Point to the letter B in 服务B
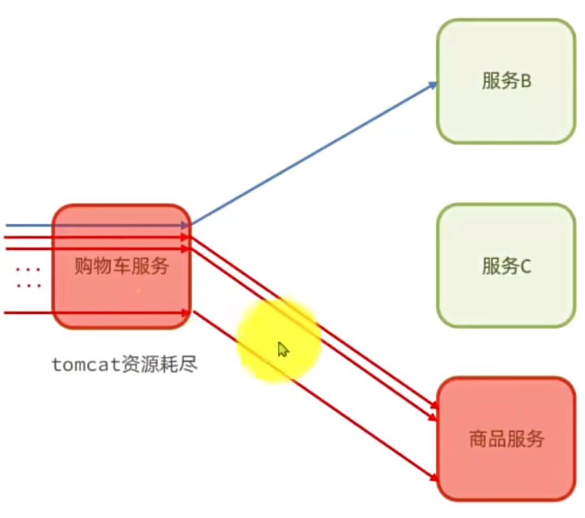[x=525, y=82]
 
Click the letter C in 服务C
[x=525, y=267]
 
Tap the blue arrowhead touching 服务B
[x=433, y=85]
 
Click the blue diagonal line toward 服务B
[x=312, y=154]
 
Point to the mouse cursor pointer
[x=283, y=349]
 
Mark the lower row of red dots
[x=29, y=286]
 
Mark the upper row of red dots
[x=29, y=270]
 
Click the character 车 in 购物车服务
[x=122, y=267]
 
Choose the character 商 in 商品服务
[x=478, y=440]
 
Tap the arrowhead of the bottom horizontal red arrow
[x=185, y=313]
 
